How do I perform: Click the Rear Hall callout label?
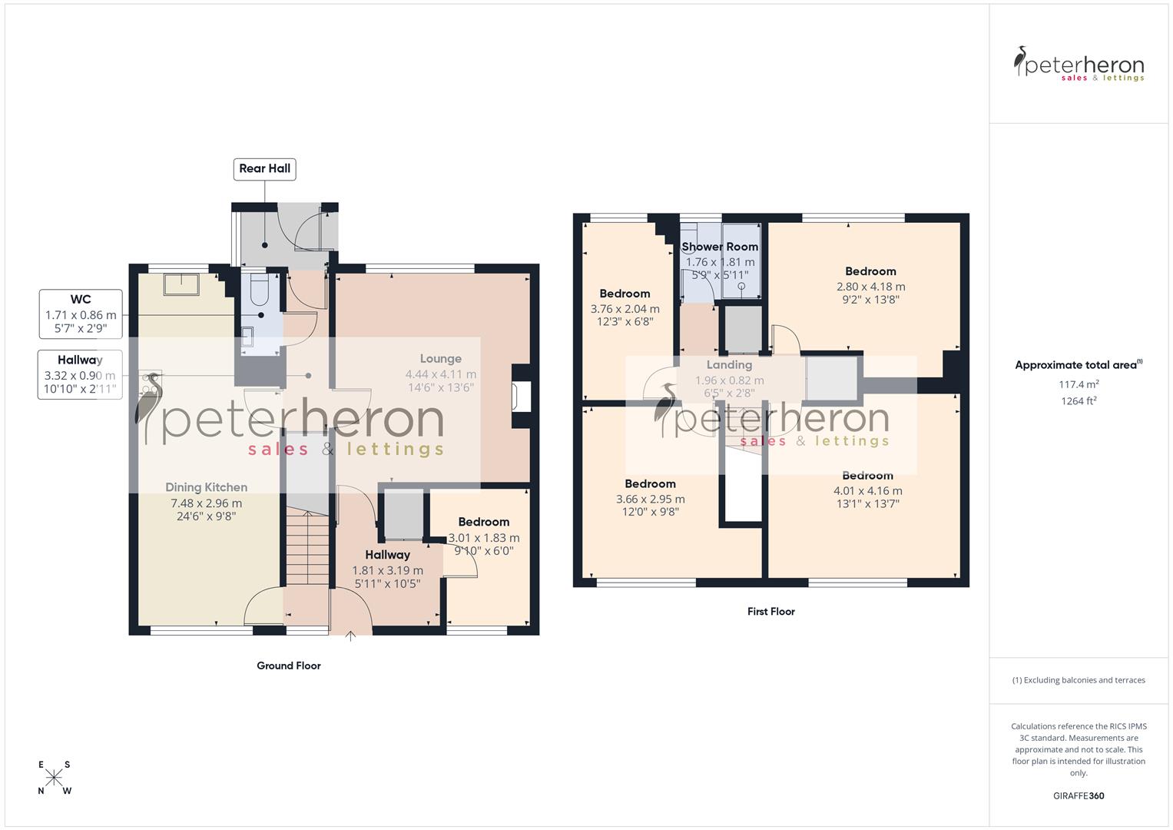264,169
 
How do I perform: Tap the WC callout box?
81,314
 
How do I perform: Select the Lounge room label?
441,359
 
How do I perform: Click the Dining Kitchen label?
206,487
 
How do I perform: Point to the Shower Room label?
720,247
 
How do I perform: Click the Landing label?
729,365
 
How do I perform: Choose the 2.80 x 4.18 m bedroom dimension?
870,287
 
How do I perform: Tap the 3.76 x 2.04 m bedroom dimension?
625,309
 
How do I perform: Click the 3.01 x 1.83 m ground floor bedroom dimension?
484,538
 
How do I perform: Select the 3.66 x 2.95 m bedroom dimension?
650,499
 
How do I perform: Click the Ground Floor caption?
289,666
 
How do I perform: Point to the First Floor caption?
770,612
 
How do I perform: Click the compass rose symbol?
54,778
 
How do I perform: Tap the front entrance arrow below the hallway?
351,636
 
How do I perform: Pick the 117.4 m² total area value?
1079,384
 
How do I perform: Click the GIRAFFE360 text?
1079,796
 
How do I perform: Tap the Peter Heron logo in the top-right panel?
1079,65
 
